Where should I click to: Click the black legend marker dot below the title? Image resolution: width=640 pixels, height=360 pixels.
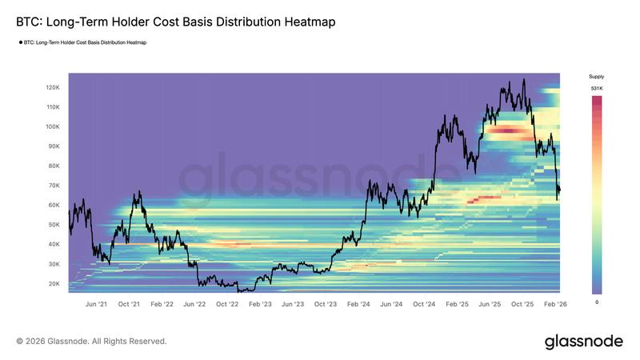[x=20, y=42]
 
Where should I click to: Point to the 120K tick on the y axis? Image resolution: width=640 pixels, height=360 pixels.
[x=54, y=87]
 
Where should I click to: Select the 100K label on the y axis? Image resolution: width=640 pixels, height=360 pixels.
[x=54, y=126]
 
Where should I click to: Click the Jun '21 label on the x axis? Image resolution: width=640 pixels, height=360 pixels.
[x=96, y=304]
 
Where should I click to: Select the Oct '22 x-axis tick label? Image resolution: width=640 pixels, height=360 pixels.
[x=227, y=304]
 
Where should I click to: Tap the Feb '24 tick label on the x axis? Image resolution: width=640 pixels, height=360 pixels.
[x=358, y=304]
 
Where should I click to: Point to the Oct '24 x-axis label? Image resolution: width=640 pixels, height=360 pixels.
[x=424, y=304]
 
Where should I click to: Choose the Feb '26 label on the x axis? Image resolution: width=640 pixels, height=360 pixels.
[x=554, y=304]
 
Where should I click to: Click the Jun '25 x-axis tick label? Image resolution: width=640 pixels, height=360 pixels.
[x=489, y=304]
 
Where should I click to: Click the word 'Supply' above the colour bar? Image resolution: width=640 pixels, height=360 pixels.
[x=597, y=76]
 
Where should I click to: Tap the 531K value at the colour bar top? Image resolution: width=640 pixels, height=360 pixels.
[x=597, y=88]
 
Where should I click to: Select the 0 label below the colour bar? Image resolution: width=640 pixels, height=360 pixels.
[x=597, y=302]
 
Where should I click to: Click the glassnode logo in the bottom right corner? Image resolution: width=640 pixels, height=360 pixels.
[x=583, y=342]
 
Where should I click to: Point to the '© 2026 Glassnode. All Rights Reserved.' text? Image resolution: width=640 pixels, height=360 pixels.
[x=91, y=342]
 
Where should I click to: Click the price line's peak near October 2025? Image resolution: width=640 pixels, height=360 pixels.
[x=523, y=79]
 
